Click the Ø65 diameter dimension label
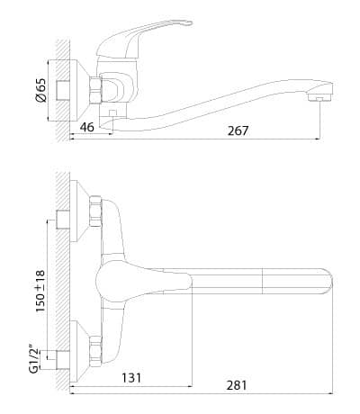[41, 91]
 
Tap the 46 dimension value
[87, 127]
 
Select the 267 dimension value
[238, 130]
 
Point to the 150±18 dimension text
[40, 291]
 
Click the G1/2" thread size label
[35, 360]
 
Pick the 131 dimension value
[131, 378]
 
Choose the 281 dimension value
[237, 385]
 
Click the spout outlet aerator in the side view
[319, 97]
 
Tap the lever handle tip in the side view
[187, 22]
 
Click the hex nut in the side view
[95, 90]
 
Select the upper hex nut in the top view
[95, 211]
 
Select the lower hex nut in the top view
[95, 350]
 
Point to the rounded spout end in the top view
[328, 281]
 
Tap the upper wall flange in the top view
[79, 211]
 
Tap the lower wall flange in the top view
[79, 351]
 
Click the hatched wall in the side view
[63, 90]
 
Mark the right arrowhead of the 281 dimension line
[331, 393]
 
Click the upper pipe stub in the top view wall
[63, 220]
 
